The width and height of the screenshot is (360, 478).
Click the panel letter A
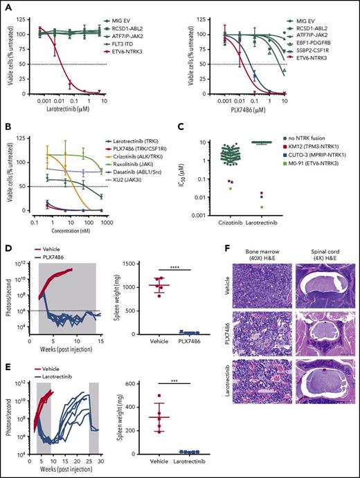[6, 6]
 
